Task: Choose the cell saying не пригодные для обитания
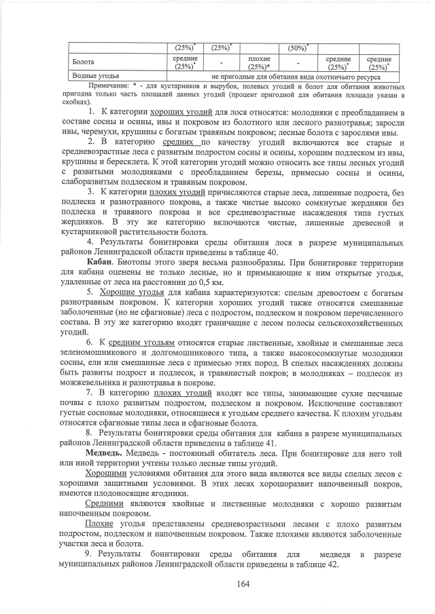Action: pyautogui.click(x=293, y=77)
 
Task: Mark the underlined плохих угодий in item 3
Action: pyautogui.click(x=178, y=192)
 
